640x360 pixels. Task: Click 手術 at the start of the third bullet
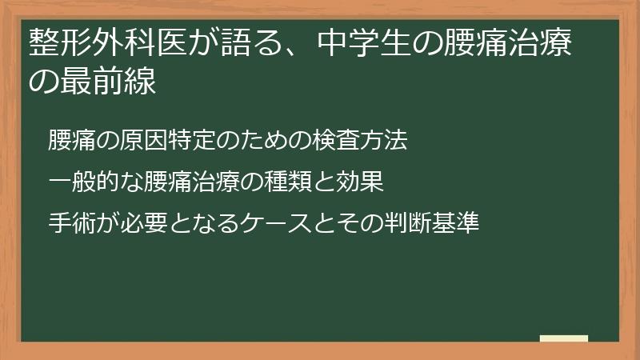click(x=72, y=223)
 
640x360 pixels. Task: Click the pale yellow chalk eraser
click(x=564, y=338)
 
